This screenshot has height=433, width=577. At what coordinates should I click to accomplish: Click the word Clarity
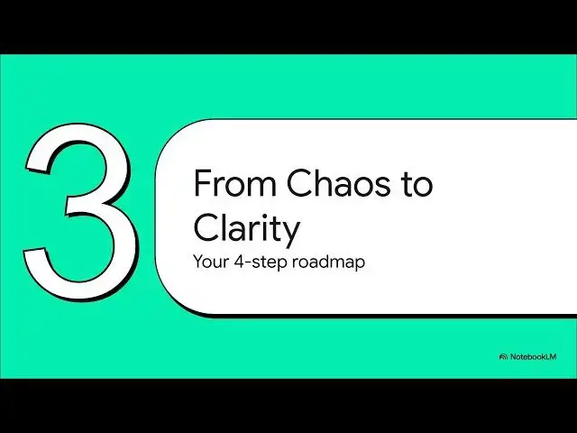click(x=246, y=230)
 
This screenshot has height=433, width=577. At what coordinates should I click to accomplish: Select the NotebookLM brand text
click(x=534, y=356)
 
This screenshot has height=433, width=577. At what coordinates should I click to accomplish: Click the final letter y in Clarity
click(x=290, y=234)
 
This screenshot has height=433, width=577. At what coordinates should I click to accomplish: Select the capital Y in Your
click(x=197, y=263)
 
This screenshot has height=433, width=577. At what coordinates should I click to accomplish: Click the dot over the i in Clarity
click(x=261, y=216)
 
